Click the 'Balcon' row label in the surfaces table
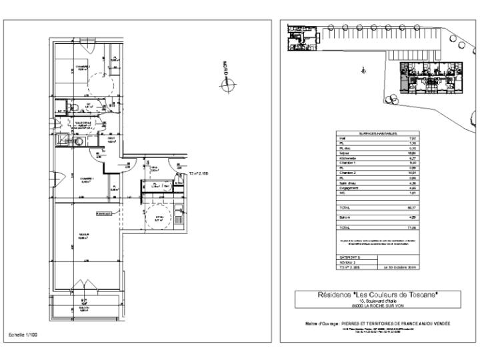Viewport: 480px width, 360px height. click(x=346, y=217)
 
